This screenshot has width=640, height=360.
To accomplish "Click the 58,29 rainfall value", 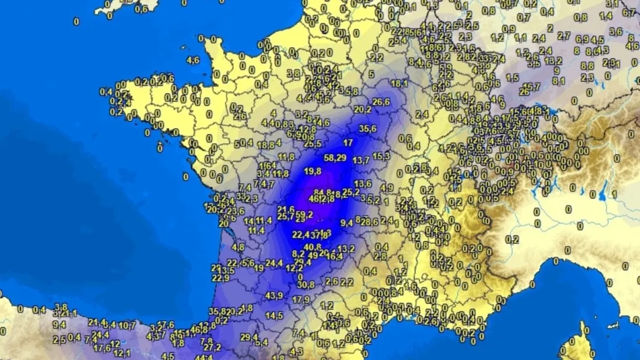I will pyautogui.click(x=335, y=157).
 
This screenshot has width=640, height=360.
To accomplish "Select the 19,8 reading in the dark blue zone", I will pyautogui.click(x=312, y=170).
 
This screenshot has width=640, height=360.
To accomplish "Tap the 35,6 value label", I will pyautogui.click(x=368, y=129).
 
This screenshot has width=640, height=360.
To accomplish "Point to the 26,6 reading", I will pyautogui.click(x=381, y=102).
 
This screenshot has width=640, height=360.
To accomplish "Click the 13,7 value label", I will pyautogui.click(x=361, y=159).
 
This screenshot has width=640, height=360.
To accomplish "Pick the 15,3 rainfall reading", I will pyautogui.click(x=381, y=155).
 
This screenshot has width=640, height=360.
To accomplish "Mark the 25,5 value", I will pyautogui.click(x=312, y=144).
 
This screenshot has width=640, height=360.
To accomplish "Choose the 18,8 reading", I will pyautogui.click(x=265, y=145).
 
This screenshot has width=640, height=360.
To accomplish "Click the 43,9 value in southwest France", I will pyautogui.click(x=273, y=295).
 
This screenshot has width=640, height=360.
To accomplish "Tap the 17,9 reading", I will pyautogui.click(x=301, y=300).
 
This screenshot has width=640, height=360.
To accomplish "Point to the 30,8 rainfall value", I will pyautogui.click(x=305, y=284).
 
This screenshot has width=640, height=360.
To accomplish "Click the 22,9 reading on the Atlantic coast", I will pyautogui.click(x=221, y=278).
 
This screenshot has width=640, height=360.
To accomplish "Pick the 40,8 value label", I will pyautogui.click(x=312, y=247).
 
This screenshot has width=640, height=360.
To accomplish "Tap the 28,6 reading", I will pyautogui.click(x=369, y=222).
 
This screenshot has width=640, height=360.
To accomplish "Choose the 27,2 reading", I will pyautogui.click(x=212, y=347).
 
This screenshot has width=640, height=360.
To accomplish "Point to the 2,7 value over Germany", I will pyautogui.click(x=564, y=35).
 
